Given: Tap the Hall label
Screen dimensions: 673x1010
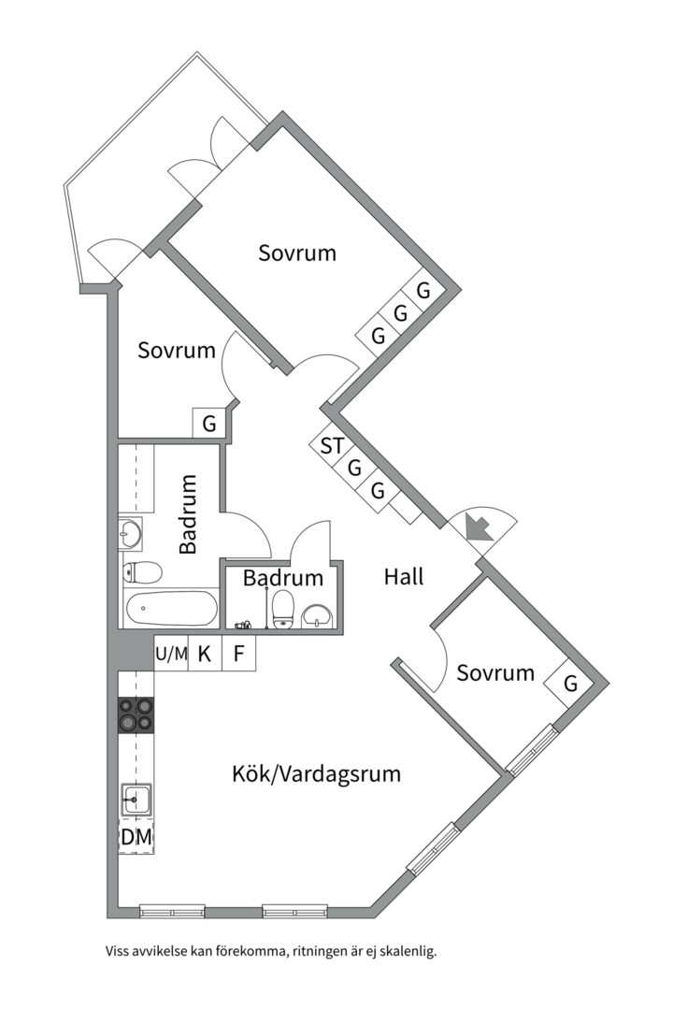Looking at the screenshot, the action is pos(404,576).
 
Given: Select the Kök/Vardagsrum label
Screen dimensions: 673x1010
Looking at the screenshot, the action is pos(316,773).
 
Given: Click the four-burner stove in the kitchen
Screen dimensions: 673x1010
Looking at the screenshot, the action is pos(136,715).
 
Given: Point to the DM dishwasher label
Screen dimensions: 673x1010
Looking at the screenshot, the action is pos(136,837).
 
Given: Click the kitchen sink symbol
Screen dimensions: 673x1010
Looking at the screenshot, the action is pos(136,800).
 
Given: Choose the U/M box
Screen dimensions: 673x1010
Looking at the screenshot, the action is pos(171,654).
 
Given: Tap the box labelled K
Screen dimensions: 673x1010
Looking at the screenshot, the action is pos(205,654).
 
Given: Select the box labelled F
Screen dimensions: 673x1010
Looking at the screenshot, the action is pos(239,654).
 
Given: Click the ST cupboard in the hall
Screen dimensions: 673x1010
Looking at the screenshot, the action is pos(333,445).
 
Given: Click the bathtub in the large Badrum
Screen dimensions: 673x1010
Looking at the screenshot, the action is pos(172,609).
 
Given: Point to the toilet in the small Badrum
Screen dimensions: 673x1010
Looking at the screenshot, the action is pos(282,610).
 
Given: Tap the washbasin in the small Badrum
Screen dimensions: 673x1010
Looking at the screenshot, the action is pos(316,615).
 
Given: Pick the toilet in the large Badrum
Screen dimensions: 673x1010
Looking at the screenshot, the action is pos(142,572).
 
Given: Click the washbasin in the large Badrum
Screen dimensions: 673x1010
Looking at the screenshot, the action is pos(130,533).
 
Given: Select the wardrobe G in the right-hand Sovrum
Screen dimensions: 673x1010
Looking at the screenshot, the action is pos(570,684).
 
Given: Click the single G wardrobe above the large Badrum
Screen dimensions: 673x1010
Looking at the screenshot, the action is pos(209,424).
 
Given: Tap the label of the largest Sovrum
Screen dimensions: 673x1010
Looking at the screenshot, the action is pos(297,252).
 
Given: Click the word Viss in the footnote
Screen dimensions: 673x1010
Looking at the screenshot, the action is pos(117,951).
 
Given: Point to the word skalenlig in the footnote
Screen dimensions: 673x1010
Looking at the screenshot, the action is pos(409,951).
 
